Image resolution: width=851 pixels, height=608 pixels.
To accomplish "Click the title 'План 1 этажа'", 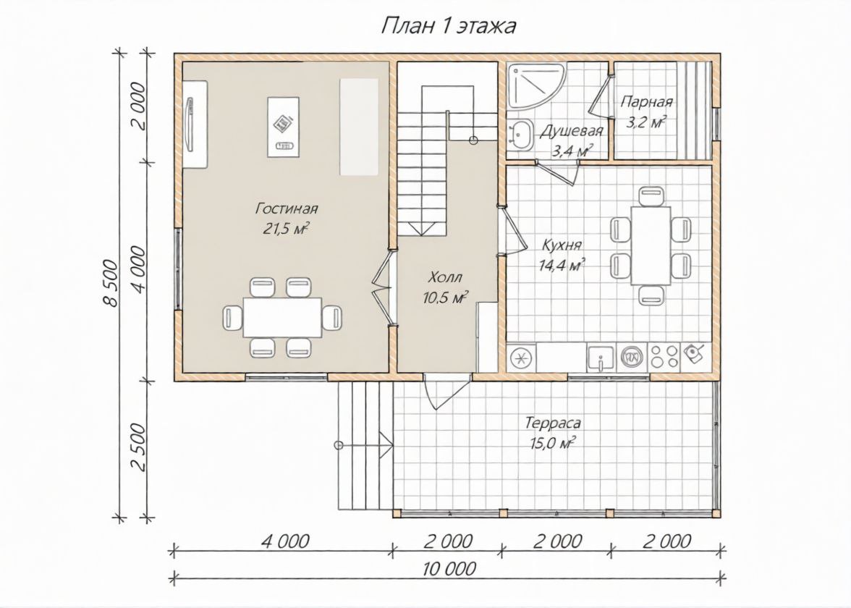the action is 449,25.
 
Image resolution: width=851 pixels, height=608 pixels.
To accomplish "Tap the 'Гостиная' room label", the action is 287,208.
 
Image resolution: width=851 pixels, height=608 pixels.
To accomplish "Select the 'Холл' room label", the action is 445,277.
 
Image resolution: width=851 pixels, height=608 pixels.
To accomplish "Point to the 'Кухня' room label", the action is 562,245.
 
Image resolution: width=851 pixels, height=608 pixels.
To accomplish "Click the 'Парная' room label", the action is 647,101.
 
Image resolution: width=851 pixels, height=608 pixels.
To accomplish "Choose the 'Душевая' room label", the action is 572,131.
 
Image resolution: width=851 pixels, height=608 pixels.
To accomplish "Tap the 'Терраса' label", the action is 553,423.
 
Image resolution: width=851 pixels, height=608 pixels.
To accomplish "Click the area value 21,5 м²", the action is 287,229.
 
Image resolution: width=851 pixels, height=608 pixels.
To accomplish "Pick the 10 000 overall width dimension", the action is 449,568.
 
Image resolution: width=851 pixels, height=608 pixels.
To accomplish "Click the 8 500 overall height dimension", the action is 110,283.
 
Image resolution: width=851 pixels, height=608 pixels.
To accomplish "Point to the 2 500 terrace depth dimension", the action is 138,447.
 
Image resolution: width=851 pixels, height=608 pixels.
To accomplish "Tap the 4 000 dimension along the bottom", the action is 285,541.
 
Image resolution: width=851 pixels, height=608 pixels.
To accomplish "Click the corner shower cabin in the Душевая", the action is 535,85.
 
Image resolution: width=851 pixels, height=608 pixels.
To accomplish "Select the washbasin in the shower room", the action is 522,133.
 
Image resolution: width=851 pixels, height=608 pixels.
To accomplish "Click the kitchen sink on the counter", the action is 601,358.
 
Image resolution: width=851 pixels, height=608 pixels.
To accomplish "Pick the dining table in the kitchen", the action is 650,245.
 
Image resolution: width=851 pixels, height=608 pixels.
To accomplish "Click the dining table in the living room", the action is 282,317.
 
